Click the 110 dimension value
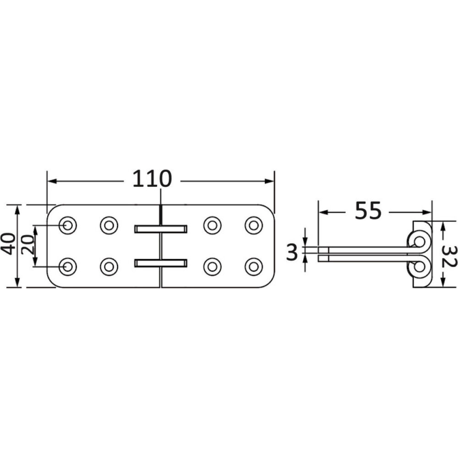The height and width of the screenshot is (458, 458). point(152,179)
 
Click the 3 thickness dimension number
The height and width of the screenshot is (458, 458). point(292,252)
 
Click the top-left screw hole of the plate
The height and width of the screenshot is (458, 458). point(68,225)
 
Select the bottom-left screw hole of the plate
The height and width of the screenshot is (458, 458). point(68,267)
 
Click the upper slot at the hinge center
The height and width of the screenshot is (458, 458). point(161,229)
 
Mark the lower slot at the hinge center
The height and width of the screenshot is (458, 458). point(161,263)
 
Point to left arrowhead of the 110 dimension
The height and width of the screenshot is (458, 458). point(51,181)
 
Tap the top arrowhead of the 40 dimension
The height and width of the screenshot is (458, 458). point(18,209)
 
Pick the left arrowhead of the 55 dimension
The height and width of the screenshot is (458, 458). point(322,212)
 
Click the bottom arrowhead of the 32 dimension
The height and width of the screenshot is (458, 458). point(442,284)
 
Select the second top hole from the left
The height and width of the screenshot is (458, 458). point(109,225)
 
